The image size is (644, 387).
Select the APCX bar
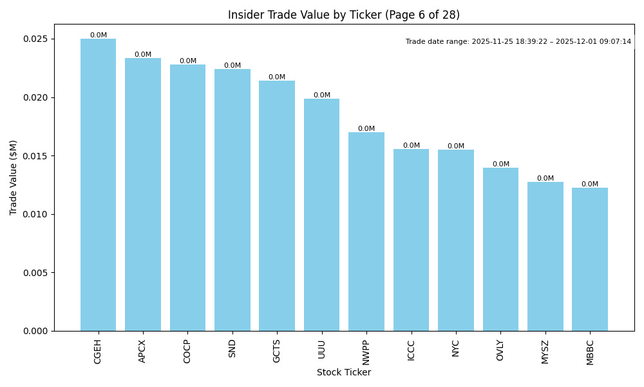click(143, 194)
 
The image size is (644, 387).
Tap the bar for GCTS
click(277, 206)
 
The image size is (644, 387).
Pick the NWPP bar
click(366, 232)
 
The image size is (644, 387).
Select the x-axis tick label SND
click(232, 348)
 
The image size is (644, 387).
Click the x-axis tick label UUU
click(322, 348)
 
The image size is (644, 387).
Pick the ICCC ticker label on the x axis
click(411, 350)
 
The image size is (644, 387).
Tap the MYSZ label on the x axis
click(545, 352)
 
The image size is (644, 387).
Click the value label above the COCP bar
click(188, 61)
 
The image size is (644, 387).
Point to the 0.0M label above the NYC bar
click(456, 146)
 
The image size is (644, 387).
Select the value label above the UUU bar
click(322, 95)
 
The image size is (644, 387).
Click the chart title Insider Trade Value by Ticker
click(344, 15)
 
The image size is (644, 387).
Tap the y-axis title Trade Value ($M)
click(14, 177)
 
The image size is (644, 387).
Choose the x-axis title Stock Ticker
click(344, 373)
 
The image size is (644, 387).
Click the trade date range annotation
click(518, 42)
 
